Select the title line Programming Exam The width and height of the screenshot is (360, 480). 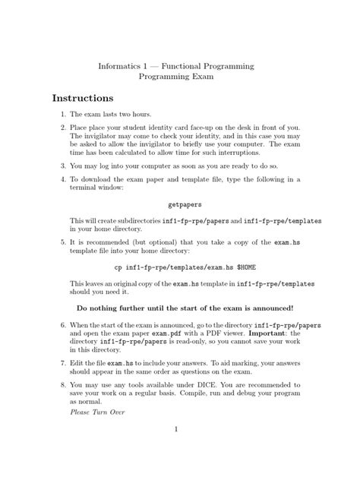(178, 77)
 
